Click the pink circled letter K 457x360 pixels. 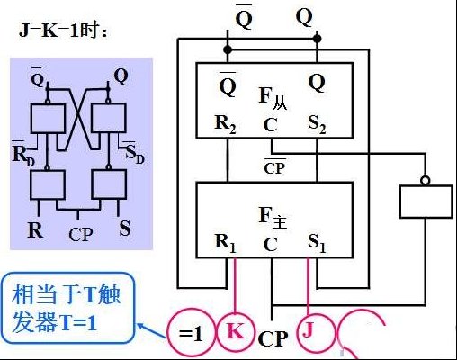pos(236,331)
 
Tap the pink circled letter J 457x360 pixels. pos(308,330)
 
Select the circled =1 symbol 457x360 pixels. pos(191,333)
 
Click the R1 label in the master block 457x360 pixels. pos(226,244)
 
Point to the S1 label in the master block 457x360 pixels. pos(317,244)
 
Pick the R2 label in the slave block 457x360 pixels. pos(226,124)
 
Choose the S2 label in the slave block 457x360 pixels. pos(317,124)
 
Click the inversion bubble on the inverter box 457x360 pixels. pos(426,181)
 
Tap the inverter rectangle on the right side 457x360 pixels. pos(426,202)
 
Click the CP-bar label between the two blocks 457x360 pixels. pos(274,166)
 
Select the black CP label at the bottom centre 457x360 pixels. pos(273,339)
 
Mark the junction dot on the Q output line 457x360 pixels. pos(317,39)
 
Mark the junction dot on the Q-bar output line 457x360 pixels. pos(228,49)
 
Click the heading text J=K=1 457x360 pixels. pos(49,31)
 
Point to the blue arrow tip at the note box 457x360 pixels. pos(138,324)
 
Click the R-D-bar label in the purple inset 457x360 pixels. pos(24,154)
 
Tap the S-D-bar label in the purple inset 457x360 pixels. pos(134,153)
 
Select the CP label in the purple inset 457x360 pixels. pos(81,234)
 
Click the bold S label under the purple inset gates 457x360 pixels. pos(125,228)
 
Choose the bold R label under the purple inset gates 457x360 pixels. pos(35,229)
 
